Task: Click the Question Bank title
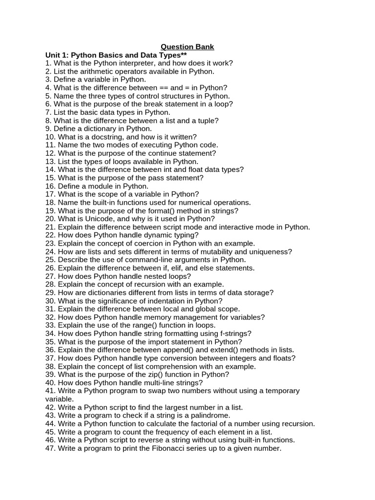(187, 47)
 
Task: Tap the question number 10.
(50, 137)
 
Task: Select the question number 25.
(50, 260)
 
